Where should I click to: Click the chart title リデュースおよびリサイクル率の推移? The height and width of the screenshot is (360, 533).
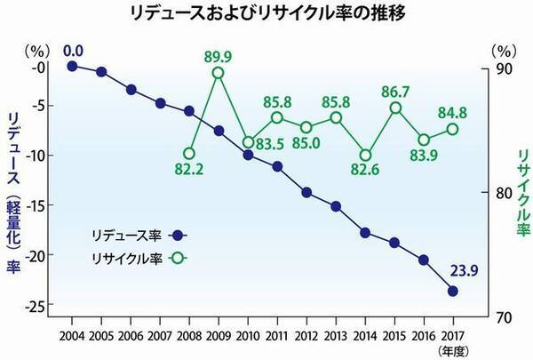click(266, 16)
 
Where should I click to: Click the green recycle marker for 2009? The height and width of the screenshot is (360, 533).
click(218, 74)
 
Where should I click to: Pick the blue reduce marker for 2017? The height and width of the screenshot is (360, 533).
click(453, 291)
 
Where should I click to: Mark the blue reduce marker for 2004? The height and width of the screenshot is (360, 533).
click(73, 66)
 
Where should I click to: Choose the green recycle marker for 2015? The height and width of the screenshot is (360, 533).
click(395, 108)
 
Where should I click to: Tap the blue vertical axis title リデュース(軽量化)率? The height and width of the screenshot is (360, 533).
click(14, 191)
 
